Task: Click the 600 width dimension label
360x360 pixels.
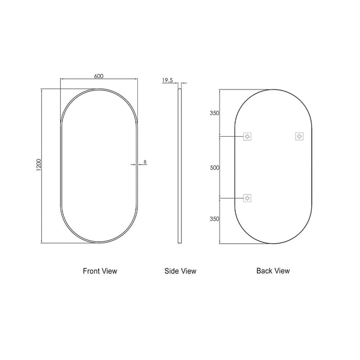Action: click(x=99, y=76)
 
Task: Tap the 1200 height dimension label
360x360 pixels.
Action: click(x=39, y=165)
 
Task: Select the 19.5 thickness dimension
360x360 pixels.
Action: click(x=167, y=80)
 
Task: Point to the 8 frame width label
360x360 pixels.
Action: click(x=145, y=162)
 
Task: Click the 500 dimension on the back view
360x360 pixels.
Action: click(x=214, y=168)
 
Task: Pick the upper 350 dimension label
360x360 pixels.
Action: click(x=214, y=113)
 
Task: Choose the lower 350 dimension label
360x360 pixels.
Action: click(x=214, y=219)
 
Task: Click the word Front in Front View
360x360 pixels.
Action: click(x=91, y=271)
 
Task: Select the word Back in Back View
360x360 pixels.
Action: click(x=264, y=271)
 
